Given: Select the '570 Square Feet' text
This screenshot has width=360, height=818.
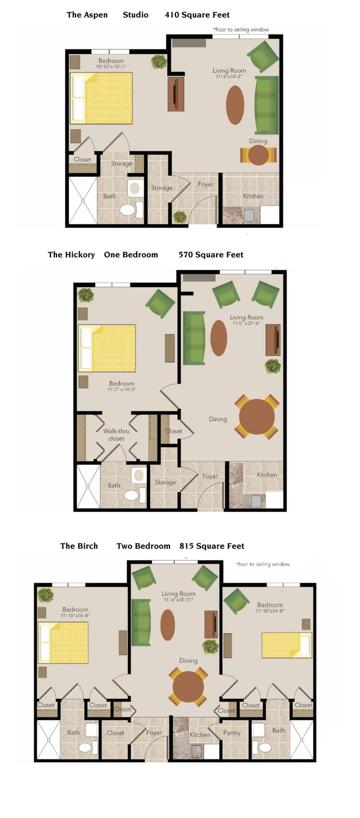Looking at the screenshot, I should click(x=211, y=255).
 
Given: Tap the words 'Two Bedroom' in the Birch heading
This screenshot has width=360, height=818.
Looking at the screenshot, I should click(x=143, y=546).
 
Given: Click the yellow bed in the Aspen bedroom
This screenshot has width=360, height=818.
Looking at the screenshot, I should click(x=102, y=98).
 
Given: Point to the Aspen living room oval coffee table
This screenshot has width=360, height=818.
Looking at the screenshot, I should click(x=235, y=105).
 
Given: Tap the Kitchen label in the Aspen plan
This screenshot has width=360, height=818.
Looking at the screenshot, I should click(x=253, y=196).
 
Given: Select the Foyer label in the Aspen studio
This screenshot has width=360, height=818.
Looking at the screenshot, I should click(x=205, y=185).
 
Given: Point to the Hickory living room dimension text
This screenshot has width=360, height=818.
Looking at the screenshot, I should click(x=247, y=324).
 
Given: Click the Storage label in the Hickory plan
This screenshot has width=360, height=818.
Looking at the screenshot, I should click(x=166, y=482).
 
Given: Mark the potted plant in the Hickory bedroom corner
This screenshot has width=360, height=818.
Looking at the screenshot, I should click(x=86, y=295).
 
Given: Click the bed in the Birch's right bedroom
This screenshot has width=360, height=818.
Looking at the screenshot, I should click(x=286, y=645).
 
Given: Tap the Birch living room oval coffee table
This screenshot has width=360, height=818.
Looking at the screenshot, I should click(x=168, y=625).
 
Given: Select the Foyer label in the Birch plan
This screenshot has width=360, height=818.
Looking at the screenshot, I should click(x=154, y=733).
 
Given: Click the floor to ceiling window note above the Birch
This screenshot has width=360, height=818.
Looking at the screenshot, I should click(x=263, y=565).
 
